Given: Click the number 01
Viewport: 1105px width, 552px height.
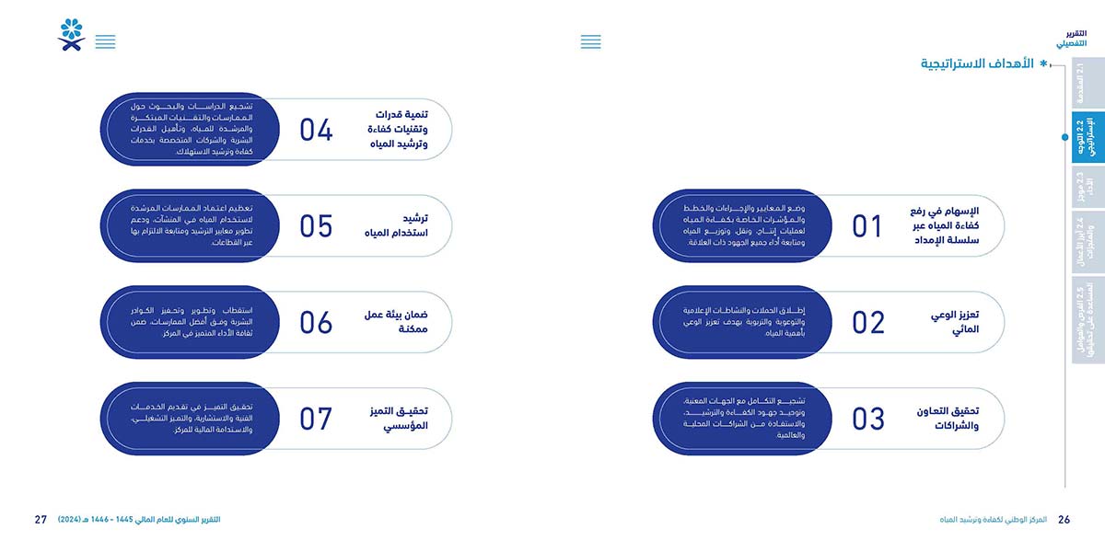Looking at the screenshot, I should [867, 226].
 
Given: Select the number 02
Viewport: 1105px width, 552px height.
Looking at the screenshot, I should [867, 323].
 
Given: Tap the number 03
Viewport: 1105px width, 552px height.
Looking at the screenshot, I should [867, 420].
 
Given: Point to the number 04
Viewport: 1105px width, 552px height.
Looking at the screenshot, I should [316, 130].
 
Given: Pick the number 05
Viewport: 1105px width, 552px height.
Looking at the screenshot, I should [316, 226].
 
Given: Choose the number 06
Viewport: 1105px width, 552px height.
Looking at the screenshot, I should [316, 323].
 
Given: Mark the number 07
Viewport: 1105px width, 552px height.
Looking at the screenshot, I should [316, 420].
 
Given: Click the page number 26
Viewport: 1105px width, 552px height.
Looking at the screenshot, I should [1064, 520].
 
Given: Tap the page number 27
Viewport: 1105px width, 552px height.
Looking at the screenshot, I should [41, 520].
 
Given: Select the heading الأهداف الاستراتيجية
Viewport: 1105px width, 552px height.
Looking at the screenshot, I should [976, 63].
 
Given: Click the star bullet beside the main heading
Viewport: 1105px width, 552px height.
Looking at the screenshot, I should [1043, 64].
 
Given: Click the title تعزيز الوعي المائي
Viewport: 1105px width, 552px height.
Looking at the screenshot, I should [955, 322].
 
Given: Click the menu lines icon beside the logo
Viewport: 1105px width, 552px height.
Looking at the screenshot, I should [106, 41].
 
